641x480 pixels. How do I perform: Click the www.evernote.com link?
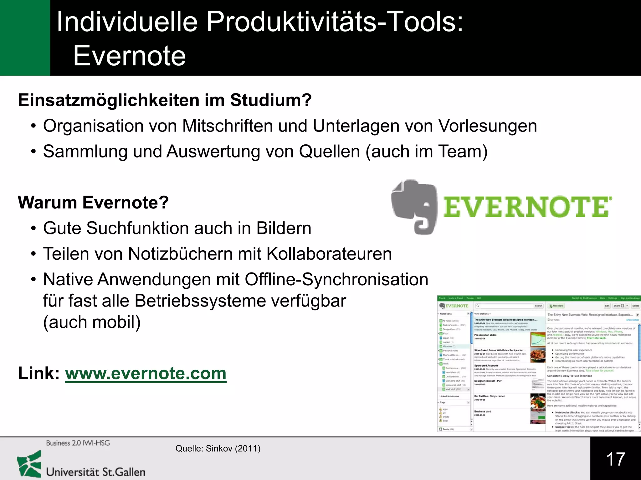pos(146,373)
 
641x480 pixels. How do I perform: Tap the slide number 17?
pos(615,459)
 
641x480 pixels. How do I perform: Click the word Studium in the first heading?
pos(271,100)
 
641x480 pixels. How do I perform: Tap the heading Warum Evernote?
pos(93,202)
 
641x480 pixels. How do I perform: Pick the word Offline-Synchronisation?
pos(336,279)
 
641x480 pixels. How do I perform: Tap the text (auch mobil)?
pos(92,322)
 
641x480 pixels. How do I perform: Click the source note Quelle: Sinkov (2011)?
pos(218,449)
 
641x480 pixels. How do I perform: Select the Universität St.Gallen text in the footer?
pos(95,472)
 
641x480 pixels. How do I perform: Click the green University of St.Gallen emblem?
pos(29,464)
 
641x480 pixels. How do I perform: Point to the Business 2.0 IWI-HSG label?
pos(78,443)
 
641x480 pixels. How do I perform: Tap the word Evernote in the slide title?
pos(130,56)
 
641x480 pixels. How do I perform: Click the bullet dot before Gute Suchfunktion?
pos(33,228)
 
